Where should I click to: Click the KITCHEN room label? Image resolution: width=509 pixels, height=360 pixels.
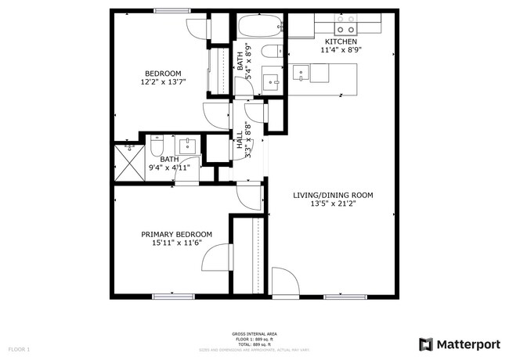[341, 41]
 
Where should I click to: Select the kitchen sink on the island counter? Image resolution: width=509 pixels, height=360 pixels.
[301, 74]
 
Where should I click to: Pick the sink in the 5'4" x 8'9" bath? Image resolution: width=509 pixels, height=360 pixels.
[271, 80]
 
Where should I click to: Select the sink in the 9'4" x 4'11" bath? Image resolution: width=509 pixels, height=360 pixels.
[189, 146]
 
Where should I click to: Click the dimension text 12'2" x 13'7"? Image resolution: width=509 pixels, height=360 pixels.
[161, 81]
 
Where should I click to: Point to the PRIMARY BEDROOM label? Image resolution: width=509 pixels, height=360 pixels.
[176, 234]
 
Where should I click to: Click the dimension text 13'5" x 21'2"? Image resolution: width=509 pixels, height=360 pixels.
[333, 203]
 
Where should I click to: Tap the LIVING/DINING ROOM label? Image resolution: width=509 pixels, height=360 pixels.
[333, 195]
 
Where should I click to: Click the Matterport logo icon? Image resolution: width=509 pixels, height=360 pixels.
[425, 343]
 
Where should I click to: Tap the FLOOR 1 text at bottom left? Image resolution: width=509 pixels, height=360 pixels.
[19, 348]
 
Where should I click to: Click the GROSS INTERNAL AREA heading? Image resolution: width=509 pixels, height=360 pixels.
[254, 333]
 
